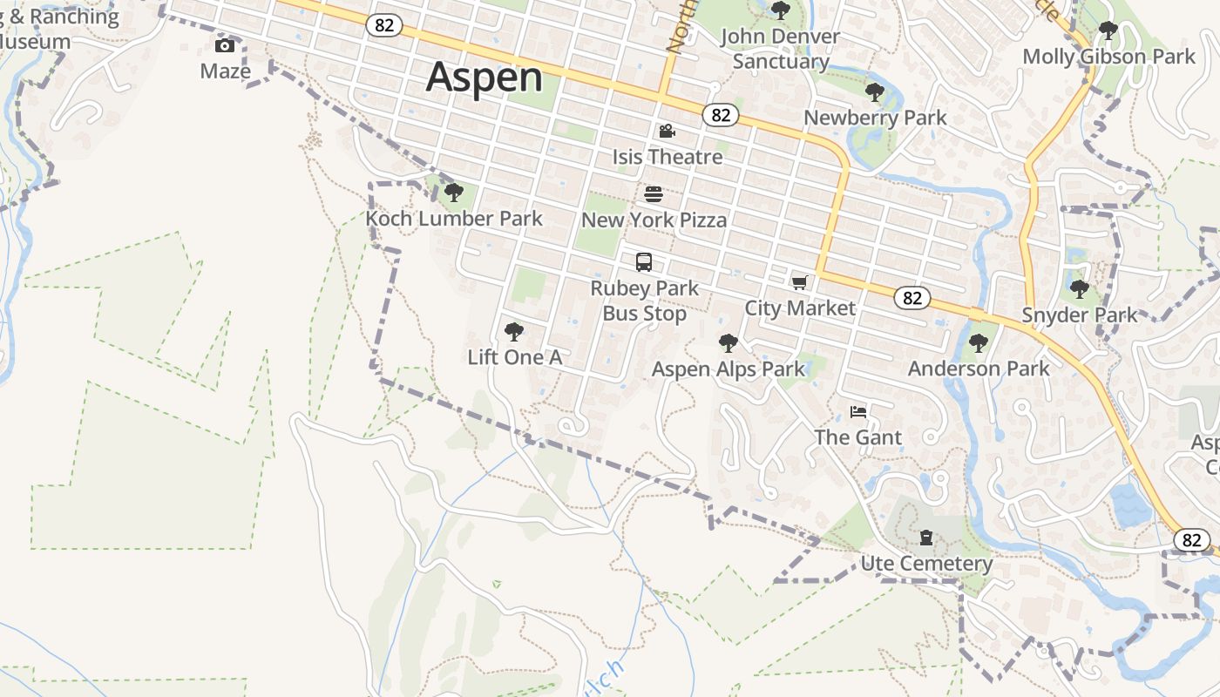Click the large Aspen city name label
[485, 77]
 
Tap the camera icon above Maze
[225, 45]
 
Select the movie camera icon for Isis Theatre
[667, 131]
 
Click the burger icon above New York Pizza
[654, 193]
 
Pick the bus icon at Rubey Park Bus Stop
[644, 261]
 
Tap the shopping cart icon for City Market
[799, 281]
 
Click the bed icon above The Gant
[858, 411]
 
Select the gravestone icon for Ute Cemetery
[926, 538]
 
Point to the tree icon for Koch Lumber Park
[452, 193]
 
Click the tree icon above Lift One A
[514, 331]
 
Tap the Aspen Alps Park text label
[729, 369]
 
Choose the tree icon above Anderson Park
[979, 342]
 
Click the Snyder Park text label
[1079, 315]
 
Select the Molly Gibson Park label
[1108, 57]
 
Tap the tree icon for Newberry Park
[874, 91]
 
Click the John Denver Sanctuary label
[780, 49]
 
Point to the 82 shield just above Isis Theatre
[720, 114]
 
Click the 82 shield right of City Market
[912, 298]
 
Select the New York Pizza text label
[654, 220]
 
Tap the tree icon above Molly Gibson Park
[1108, 30]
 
